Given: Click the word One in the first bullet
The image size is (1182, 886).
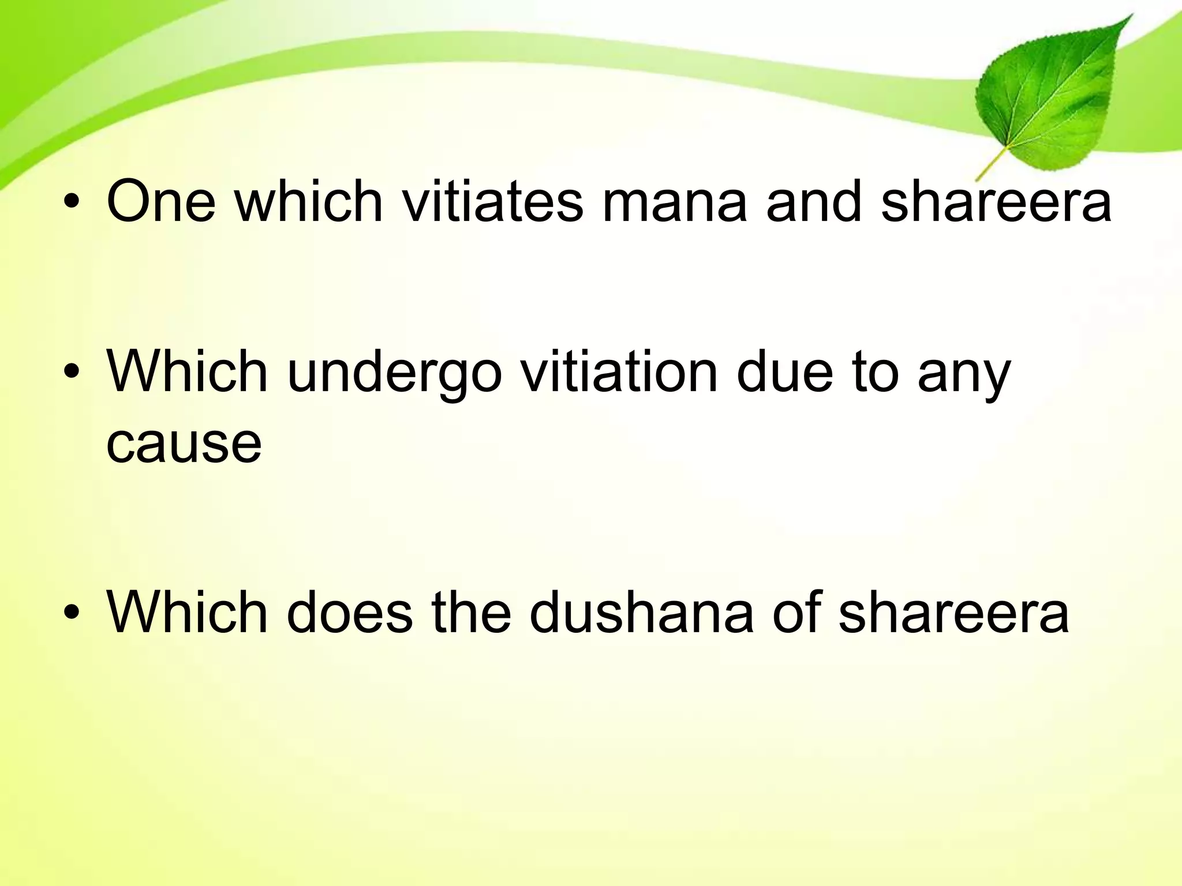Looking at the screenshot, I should [161, 201].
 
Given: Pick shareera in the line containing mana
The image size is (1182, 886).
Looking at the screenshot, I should [996, 201].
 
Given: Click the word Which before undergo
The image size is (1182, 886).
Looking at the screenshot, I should [188, 371].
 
